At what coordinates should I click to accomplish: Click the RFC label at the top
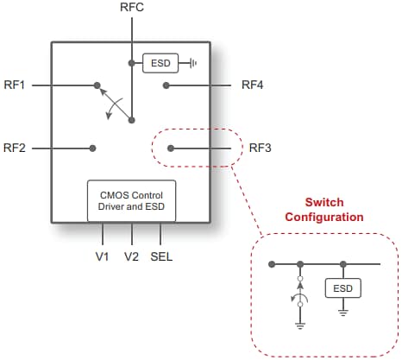click(132, 8)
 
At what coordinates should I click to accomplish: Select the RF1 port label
click(15, 85)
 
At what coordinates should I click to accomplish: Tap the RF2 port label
click(15, 148)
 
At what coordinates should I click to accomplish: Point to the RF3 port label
click(260, 148)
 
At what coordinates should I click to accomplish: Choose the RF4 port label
click(253, 85)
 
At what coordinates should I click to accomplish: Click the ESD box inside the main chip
click(159, 63)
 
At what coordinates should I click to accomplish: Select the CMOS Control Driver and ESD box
click(131, 200)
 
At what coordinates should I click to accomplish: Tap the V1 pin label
click(103, 256)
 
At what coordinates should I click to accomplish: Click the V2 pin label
click(131, 256)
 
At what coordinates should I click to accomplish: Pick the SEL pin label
click(161, 256)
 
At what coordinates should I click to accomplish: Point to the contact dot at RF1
click(94, 85)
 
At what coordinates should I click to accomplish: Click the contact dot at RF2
click(93, 148)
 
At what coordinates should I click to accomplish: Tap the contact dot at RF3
click(171, 148)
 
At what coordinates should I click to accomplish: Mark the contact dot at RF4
click(166, 85)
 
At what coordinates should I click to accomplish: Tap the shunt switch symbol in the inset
click(299, 294)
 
